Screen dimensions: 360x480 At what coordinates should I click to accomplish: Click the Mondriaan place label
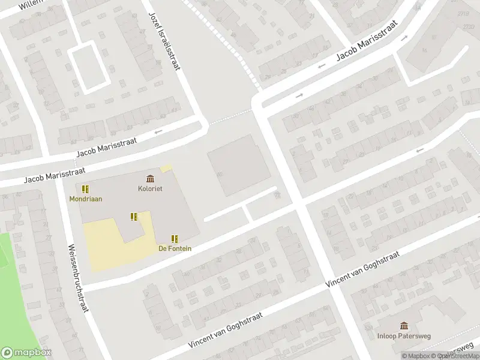[x=85, y=199]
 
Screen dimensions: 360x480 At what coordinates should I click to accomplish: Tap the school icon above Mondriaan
[x=85, y=189]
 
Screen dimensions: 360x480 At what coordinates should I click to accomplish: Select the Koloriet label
[x=150, y=188]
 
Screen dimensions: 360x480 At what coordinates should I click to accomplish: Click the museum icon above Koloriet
[x=150, y=178]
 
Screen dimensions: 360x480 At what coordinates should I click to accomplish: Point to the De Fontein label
[x=175, y=248]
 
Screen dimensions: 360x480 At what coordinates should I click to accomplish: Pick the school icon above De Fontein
[x=175, y=238]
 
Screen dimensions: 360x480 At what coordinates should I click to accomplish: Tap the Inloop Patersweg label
[x=404, y=336]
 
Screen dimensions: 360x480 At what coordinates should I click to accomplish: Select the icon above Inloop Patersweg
[x=404, y=326]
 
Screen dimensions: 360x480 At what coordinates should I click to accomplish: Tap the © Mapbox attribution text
[x=415, y=356]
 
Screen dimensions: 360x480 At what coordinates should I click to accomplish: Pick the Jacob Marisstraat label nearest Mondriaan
[x=54, y=175]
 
